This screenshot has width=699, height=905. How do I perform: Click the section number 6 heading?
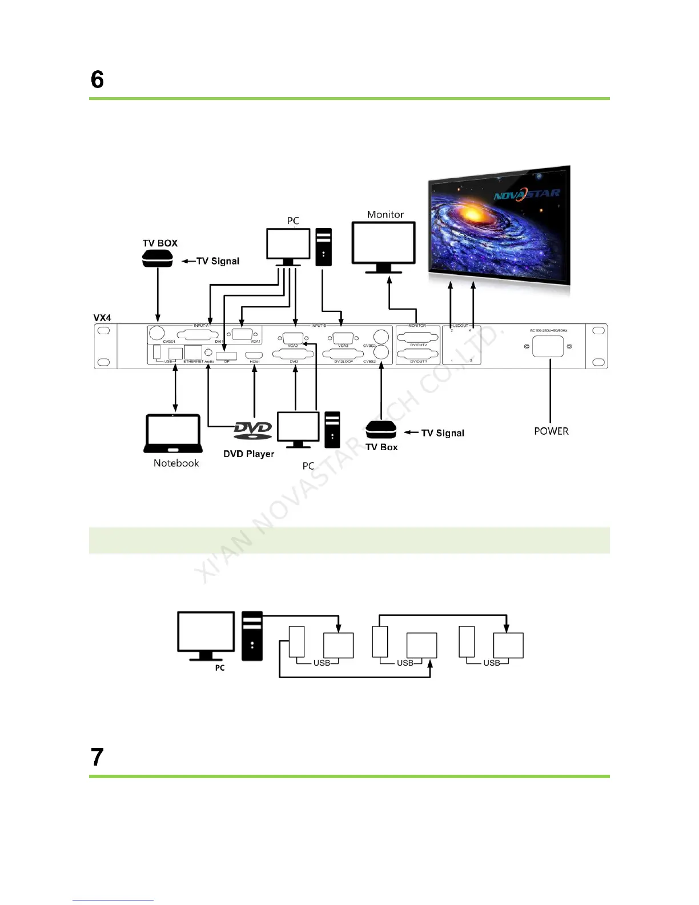(x=97, y=79)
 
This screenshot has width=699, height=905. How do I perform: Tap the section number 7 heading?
(x=97, y=757)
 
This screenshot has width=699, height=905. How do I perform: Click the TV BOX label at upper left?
(x=160, y=243)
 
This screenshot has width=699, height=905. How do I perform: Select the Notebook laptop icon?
(x=174, y=434)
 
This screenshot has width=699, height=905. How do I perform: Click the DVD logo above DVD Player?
(x=253, y=430)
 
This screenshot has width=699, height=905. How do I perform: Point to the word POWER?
(x=551, y=431)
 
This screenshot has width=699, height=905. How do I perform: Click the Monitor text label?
(x=385, y=214)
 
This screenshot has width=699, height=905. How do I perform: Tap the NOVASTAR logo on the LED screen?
(x=527, y=195)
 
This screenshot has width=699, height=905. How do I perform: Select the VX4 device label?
(x=102, y=318)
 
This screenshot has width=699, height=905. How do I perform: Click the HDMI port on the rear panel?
(x=254, y=355)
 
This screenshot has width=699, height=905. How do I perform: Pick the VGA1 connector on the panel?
(x=243, y=335)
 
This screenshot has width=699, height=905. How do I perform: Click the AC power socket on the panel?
(x=548, y=346)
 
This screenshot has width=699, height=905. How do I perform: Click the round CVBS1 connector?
(x=156, y=334)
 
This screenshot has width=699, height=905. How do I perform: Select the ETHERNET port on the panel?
(x=193, y=353)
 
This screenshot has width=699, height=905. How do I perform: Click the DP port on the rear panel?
(x=226, y=356)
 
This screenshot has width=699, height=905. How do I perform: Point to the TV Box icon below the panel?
(x=381, y=430)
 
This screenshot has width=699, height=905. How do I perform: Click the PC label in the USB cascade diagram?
(x=220, y=668)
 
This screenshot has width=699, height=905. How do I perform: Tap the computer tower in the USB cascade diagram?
(x=252, y=636)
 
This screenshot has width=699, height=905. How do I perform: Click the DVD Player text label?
(x=248, y=454)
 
